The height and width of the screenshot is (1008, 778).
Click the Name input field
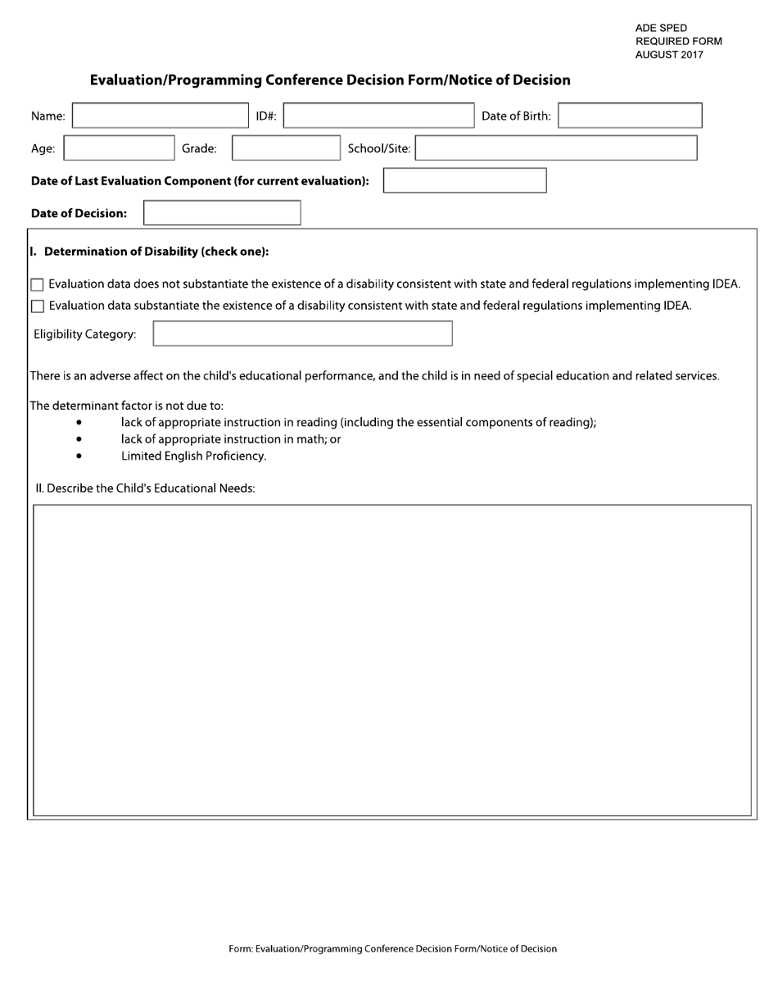(x=159, y=116)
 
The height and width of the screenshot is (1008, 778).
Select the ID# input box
(x=378, y=116)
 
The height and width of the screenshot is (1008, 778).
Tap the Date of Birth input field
(x=630, y=116)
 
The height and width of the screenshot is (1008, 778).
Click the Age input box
(x=119, y=148)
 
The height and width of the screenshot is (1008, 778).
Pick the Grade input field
(x=286, y=148)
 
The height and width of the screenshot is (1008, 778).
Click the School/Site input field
(x=556, y=148)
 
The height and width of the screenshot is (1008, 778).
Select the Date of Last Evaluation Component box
(x=464, y=180)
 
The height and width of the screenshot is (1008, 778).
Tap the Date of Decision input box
(x=222, y=213)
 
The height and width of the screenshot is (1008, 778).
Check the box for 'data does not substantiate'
(x=37, y=285)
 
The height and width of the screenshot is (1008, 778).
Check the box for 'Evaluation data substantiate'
(x=37, y=306)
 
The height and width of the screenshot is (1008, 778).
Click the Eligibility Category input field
(x=302, y=334)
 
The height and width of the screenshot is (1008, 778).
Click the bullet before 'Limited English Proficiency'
(x=79, y=456)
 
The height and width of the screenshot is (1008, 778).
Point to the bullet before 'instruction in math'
(x=79, y=440)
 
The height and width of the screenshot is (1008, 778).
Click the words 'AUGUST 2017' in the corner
(x=668, y=56)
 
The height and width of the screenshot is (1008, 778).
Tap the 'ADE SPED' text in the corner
(x=661, y=28)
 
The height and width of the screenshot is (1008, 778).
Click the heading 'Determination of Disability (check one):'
(x=156, y=252)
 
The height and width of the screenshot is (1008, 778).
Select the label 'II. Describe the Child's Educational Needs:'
(x=145, y=488)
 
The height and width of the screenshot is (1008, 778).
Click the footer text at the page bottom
(x=392, y=949)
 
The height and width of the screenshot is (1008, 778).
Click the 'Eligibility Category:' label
(x=84, y=334)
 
